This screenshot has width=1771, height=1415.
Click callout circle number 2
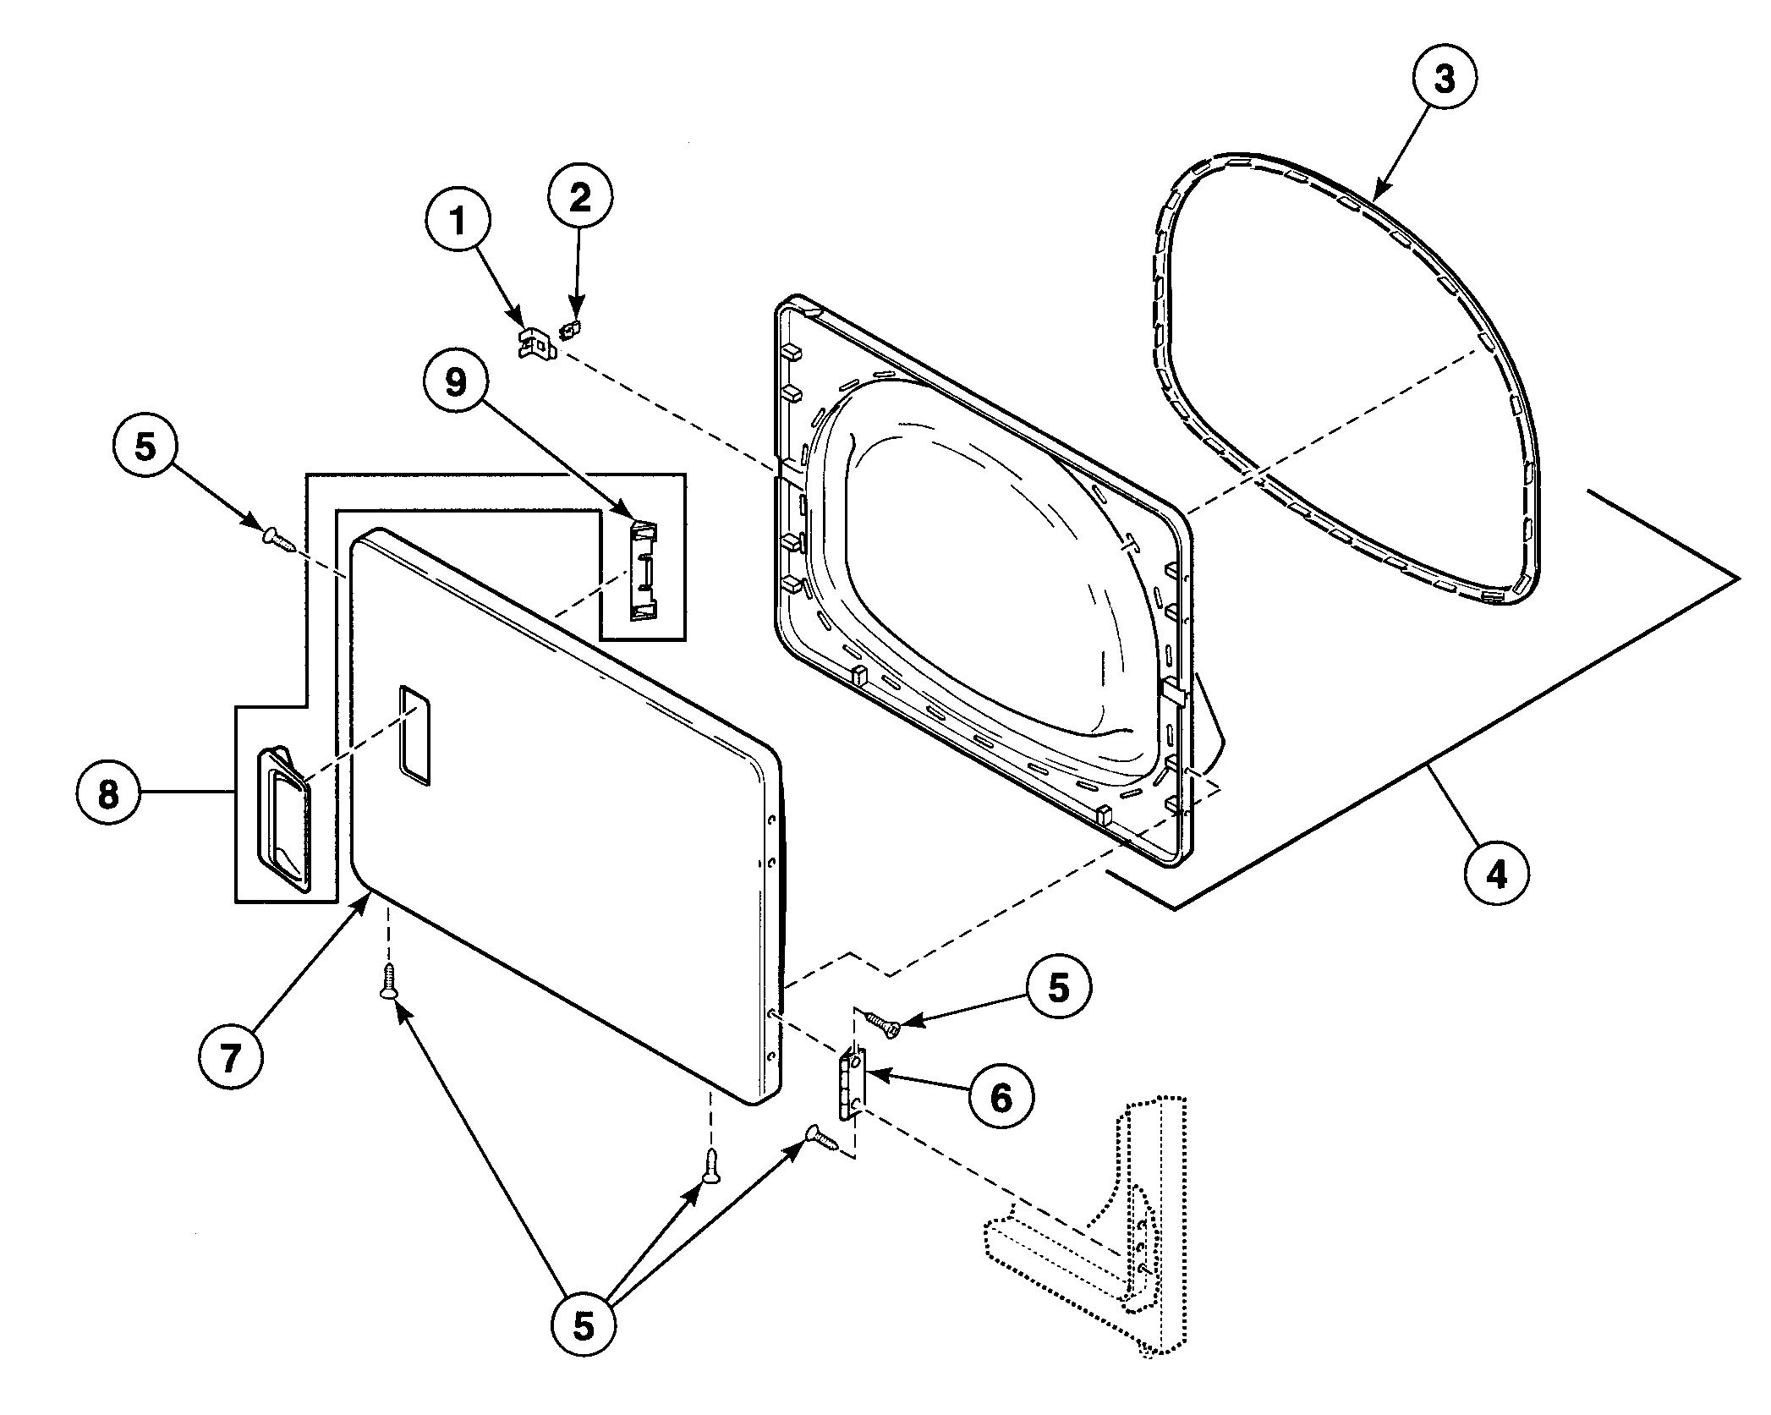pyautogui.click(x=579, y=197)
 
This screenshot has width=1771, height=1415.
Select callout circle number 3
pyautogui.click(x=1445, y=79)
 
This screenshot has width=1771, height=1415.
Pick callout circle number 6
pyautogui.click(x=1001, y=1098)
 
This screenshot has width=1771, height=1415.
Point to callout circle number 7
pyautogui.click(x=231, y=1057)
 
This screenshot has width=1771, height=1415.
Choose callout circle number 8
pyautogui.click(x=108, y=794)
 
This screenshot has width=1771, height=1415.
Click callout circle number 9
pyautogui.click(x=456, y=383)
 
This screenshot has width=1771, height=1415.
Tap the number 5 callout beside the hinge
pyautogui.click(x=1059, y=987)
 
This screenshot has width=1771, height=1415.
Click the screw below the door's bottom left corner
pyautogui.click(x=388, y=982)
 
